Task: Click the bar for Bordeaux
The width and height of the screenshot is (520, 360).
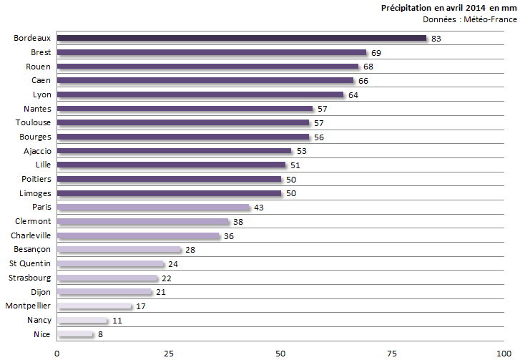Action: (x=241, y=38)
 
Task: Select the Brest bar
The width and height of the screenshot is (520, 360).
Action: (x=211, y=52)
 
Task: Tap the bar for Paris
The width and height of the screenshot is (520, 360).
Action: (x=153, y=208)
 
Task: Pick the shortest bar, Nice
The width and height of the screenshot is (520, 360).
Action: (x=74, y=334)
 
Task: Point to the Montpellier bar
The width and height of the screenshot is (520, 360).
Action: (x=94, y=306)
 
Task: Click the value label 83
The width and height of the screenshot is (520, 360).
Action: (x=436, y=39)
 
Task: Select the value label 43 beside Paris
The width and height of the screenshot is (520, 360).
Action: (x=258, y=208)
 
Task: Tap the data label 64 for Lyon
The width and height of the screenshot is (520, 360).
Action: (x=353, y=94)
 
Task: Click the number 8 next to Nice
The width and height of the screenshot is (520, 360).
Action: (x=99, y=334)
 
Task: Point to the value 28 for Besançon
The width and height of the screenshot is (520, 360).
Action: (x=190, y=250)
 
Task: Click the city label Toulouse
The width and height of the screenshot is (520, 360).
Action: (x=33, y=122)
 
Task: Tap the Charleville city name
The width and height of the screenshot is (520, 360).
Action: (x=31, y=235)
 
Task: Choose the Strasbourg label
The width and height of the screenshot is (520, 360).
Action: (x=29, y=278)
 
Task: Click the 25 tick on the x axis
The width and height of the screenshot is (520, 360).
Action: (x=169, y=352)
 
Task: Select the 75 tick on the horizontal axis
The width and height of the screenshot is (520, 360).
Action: (x=393, y=352)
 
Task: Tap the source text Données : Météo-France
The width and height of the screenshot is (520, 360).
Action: (x=469, y=19)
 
